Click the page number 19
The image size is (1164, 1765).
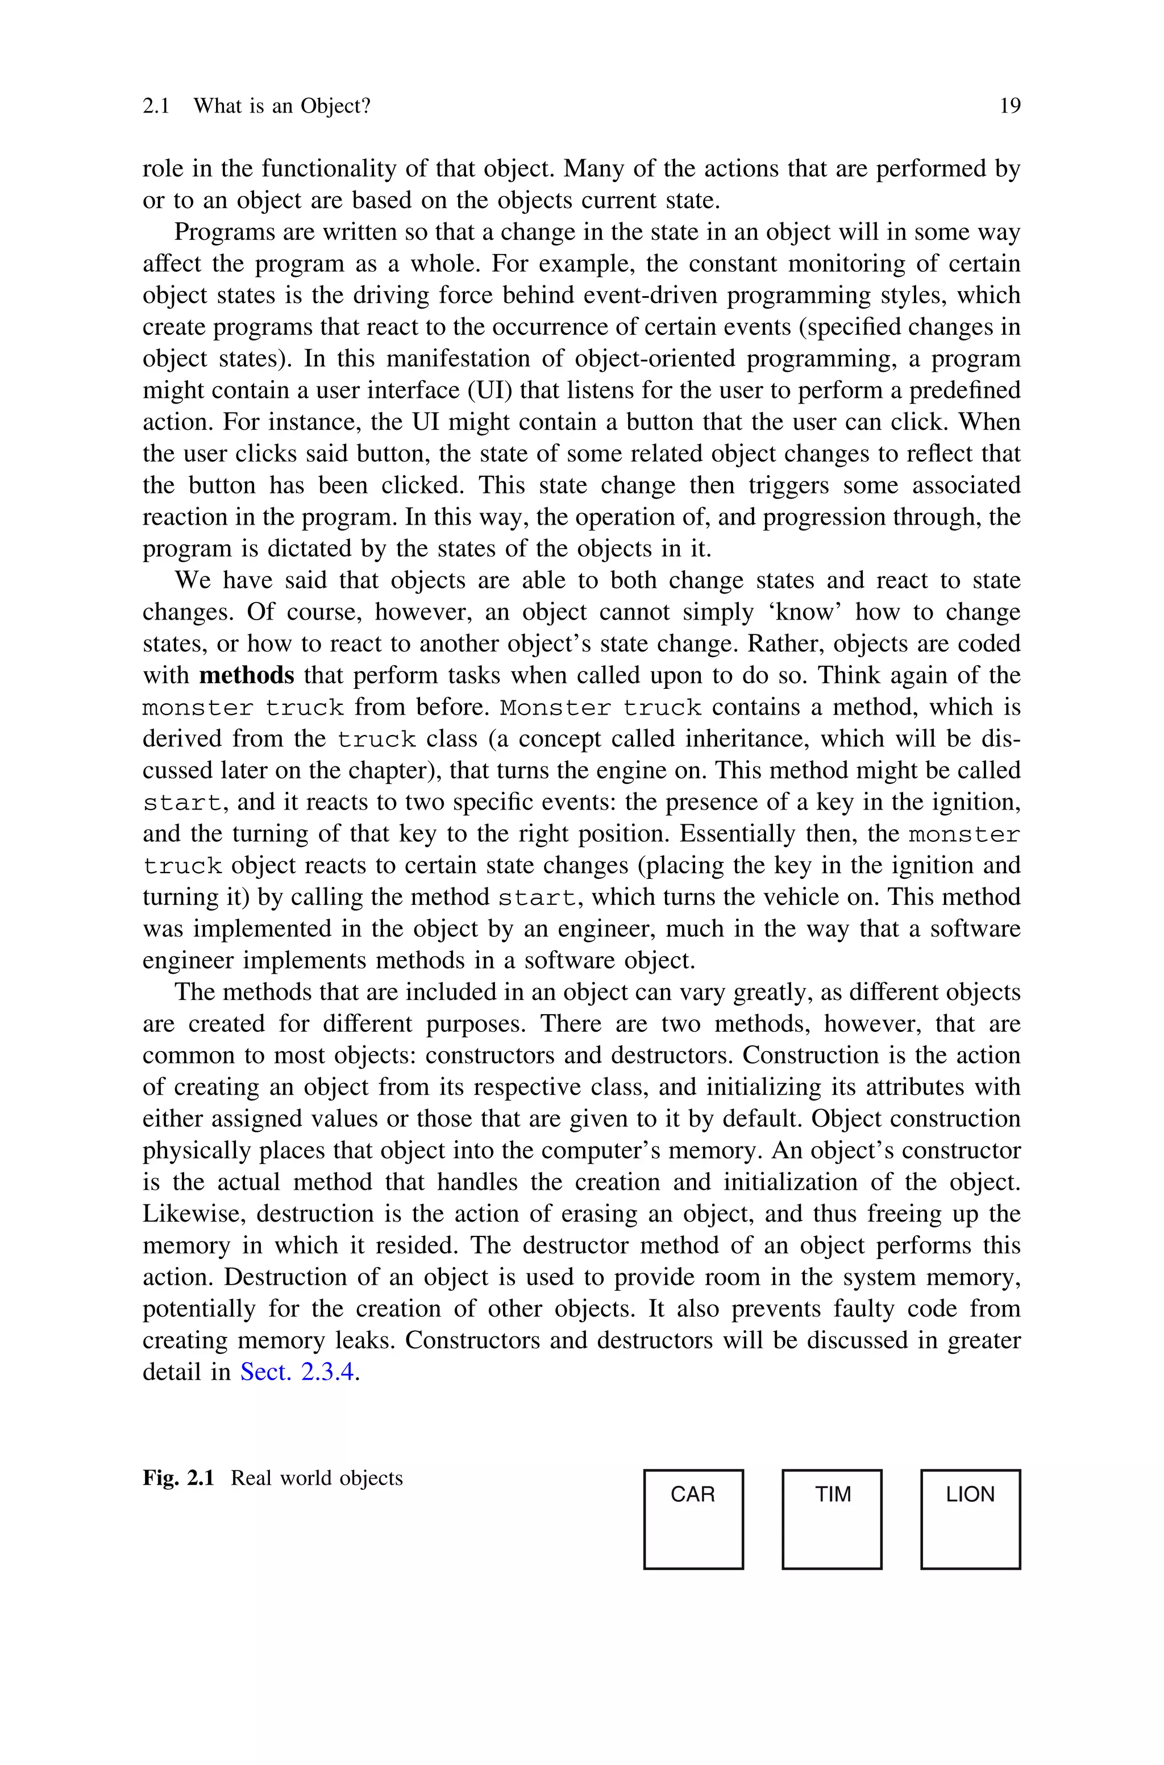coord(1009,106)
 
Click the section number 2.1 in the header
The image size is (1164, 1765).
coord(156,106)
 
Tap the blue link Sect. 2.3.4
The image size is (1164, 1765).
coord(297,1372)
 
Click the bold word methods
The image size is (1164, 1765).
coord(247,675)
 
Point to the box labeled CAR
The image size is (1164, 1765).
coord(693,1519)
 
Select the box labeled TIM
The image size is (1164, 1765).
coord(832,1519)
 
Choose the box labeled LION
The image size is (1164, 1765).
coord(970,1519)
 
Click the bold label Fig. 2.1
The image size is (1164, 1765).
coord(178,1478)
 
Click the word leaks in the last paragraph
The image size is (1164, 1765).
coord(364,1340)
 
